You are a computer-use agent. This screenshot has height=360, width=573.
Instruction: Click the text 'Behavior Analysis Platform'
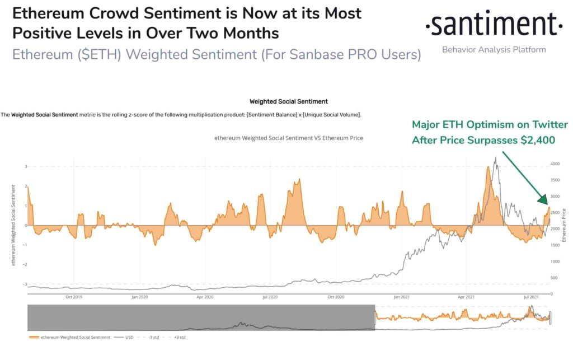click(494, 50)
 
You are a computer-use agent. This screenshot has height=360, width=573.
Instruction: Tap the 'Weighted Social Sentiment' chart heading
click(288, 101)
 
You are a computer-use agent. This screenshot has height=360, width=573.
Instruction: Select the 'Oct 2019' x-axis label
click(74, 297)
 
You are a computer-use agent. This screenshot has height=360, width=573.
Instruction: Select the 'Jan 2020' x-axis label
click(140, 297)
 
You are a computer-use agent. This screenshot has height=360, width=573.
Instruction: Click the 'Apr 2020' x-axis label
click(205, 297)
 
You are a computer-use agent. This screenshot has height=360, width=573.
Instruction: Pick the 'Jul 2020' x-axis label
click(271, 297)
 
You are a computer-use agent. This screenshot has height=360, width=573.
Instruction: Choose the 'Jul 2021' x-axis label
click(532, 297)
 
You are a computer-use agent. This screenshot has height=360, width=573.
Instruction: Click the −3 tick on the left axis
click(25, 284)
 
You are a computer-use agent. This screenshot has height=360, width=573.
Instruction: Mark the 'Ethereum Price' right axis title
click(565, 225)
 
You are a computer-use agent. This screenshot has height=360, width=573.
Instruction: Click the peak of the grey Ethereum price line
click(495, 158)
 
